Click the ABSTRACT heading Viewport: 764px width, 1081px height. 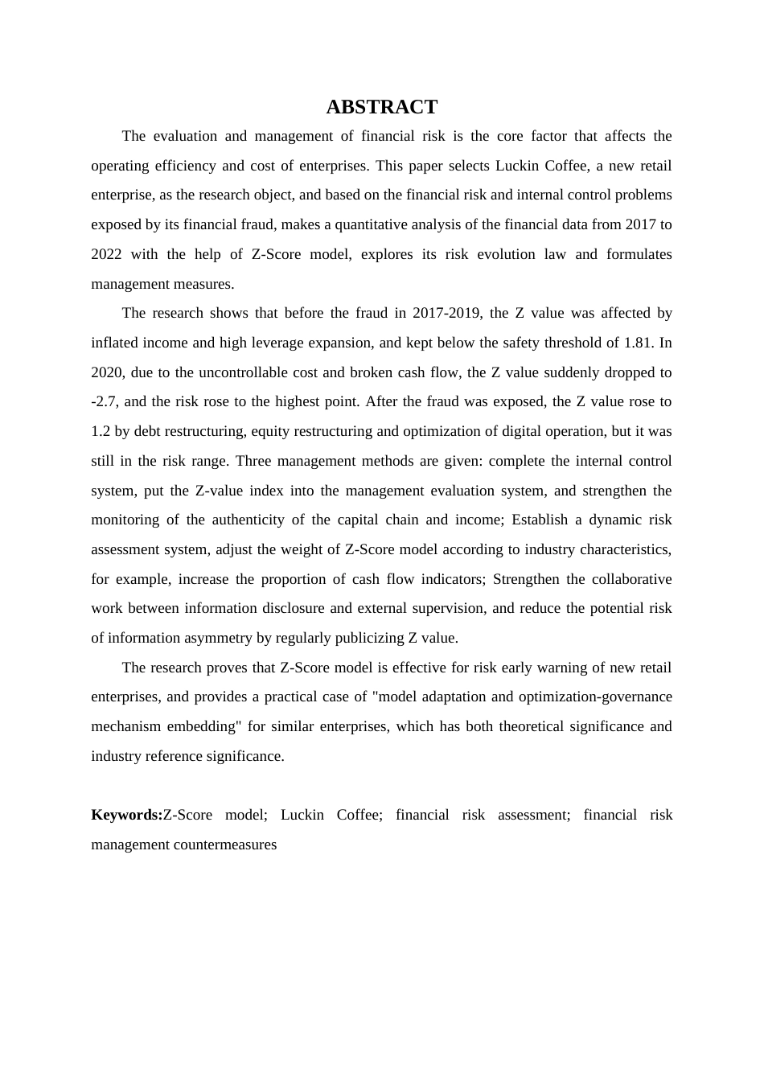point(381,107)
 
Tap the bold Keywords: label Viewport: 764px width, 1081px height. point(127,815)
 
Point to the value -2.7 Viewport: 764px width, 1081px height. point(104,401)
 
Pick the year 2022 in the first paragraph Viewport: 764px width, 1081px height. point(106,254)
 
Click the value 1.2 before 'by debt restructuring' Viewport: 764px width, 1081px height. point(101,431)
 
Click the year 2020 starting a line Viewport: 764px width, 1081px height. point(106,372)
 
